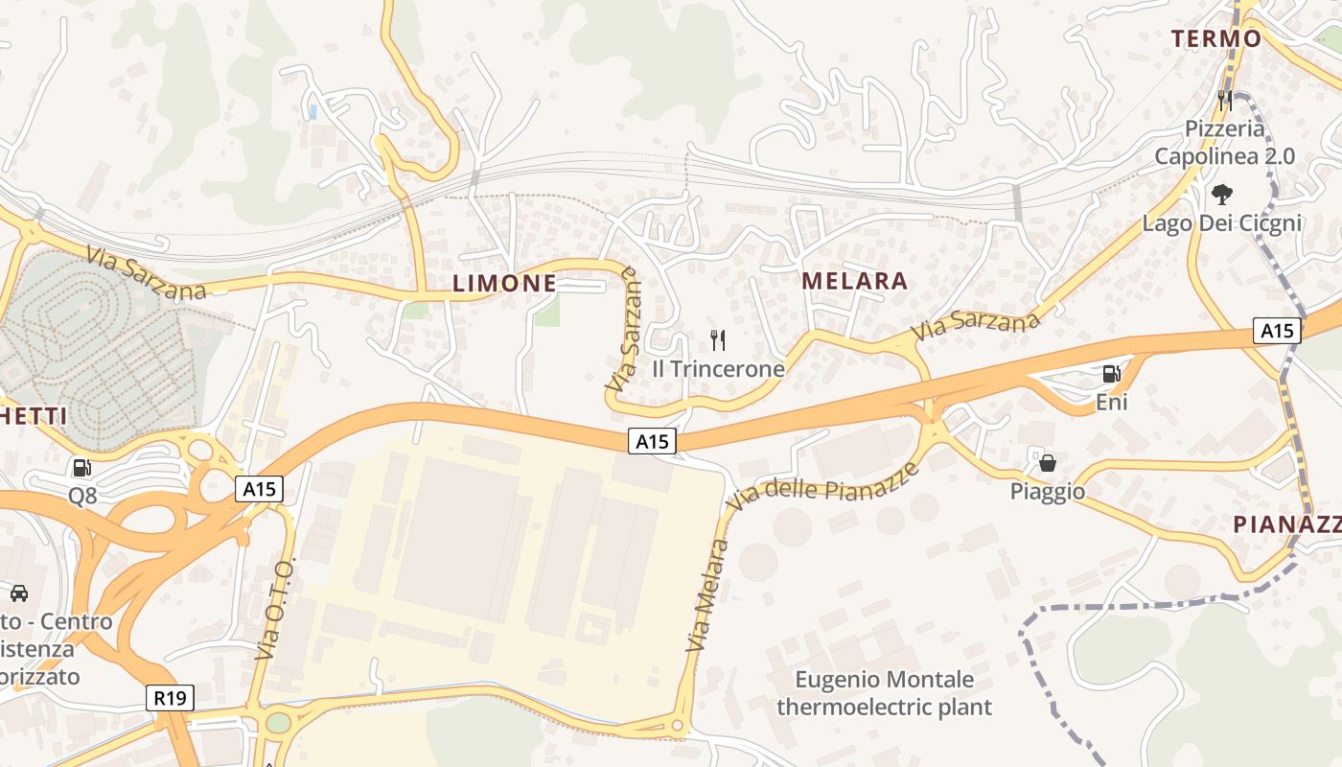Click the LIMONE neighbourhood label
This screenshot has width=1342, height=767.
pos(503,283)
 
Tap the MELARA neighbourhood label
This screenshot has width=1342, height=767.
pos(854,281)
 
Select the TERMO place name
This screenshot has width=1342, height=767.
pos(1216,38)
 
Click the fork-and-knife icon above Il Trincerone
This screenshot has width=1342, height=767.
pos(718,339)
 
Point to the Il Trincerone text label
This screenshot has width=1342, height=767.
pos(718,369)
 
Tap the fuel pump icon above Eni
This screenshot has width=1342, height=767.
pos(1111,374)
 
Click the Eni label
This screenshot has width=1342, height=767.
pos(1111,402)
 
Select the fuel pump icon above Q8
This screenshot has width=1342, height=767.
pos(82,468)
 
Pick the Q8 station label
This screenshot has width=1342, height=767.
pos(82,496)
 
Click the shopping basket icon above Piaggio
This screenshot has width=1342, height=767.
pos(1048,463)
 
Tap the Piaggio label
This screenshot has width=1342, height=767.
pos(1048,492)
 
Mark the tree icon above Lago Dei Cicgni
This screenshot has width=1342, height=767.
pos(1221,195)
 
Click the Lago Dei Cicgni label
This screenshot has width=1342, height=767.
pos(1221,223)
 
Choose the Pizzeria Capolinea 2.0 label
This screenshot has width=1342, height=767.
pos(1224,142)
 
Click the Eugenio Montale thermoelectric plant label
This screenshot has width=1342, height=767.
pos(884,694)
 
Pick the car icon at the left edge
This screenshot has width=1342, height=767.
pos(19,593)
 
